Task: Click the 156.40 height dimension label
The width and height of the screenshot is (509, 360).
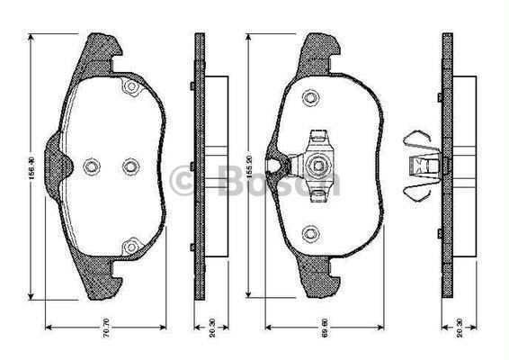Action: pyautogui.click(x=32, y=167)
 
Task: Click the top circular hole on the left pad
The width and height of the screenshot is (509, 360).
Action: pyautogui.click(x=129, y=88)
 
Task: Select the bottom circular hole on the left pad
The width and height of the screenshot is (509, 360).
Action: pyautogui.click(x=129, y=243)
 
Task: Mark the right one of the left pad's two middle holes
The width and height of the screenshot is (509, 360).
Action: pyautogui.click(x=129, y=166)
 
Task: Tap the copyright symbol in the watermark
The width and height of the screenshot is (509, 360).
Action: pyautogui.click(x=190, y=181)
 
